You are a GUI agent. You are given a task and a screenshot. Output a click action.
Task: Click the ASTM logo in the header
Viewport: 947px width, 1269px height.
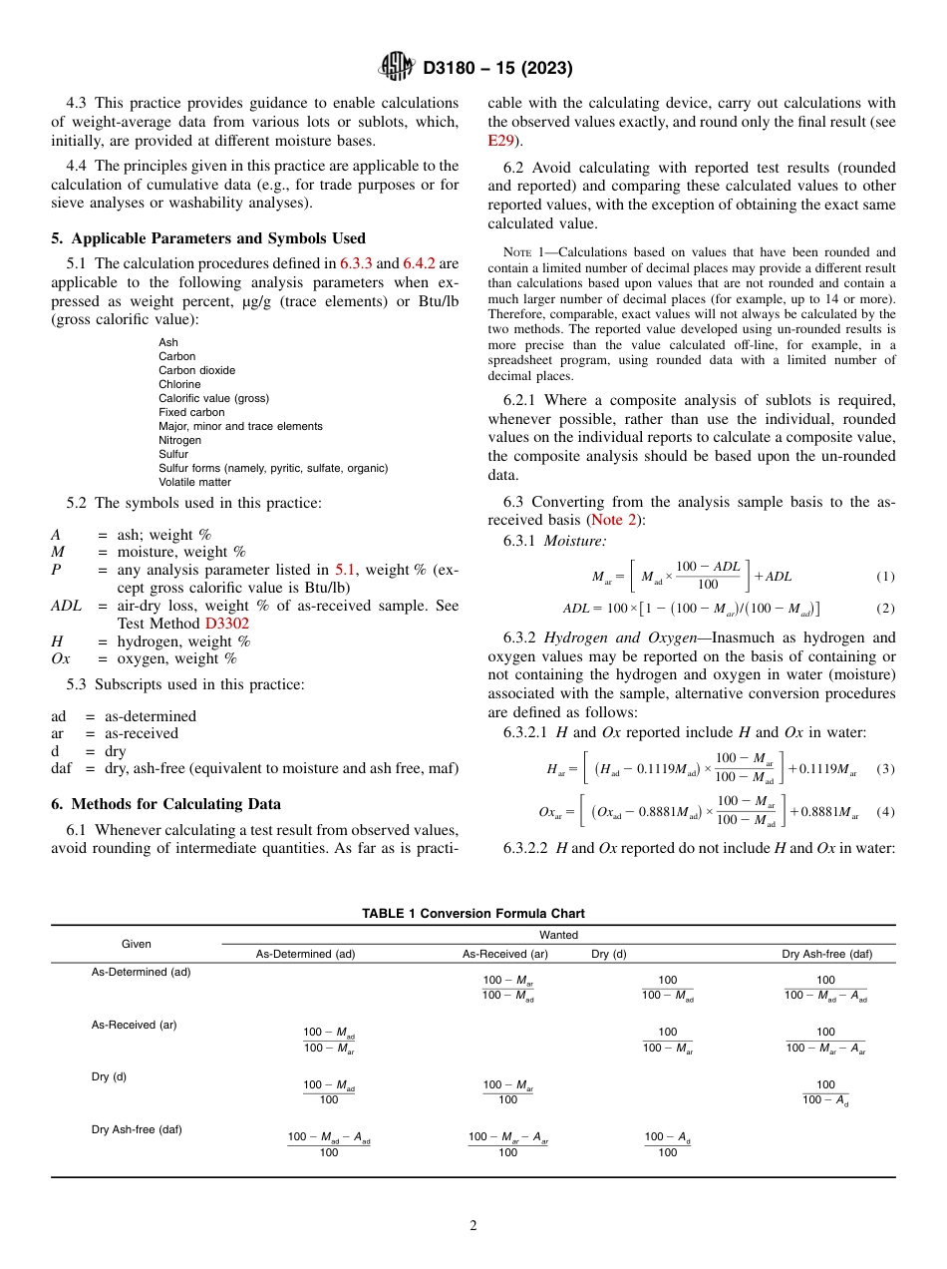pos(396,68)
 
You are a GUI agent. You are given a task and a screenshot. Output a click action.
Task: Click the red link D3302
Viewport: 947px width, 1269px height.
pos(226,624)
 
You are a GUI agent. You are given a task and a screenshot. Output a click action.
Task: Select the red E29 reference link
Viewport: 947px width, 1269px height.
pos(501,141)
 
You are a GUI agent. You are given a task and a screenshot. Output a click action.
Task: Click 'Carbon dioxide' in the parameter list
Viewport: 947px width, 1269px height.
pos(196,370)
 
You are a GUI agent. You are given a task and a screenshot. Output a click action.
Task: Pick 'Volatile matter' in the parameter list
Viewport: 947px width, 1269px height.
pos(194,482)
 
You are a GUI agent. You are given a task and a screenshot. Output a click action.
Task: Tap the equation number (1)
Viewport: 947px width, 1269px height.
pos(885,577)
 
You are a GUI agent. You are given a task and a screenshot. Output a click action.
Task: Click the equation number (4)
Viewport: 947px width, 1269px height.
pos(885,812)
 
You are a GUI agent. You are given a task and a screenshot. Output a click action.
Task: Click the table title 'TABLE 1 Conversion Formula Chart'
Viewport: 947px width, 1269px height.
pos(473,913)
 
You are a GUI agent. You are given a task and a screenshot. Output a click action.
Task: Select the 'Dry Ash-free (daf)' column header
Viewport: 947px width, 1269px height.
pos(826,954)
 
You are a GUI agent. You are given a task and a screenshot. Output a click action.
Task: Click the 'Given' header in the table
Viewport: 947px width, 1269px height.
pos(137,944)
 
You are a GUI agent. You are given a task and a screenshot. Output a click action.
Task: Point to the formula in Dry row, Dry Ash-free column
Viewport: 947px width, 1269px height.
pos(826,1092)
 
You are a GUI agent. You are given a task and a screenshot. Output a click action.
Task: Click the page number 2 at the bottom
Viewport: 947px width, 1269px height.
pos(473,1226)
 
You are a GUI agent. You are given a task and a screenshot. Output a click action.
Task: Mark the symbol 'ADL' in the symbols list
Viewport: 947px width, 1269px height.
pos(69,606)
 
